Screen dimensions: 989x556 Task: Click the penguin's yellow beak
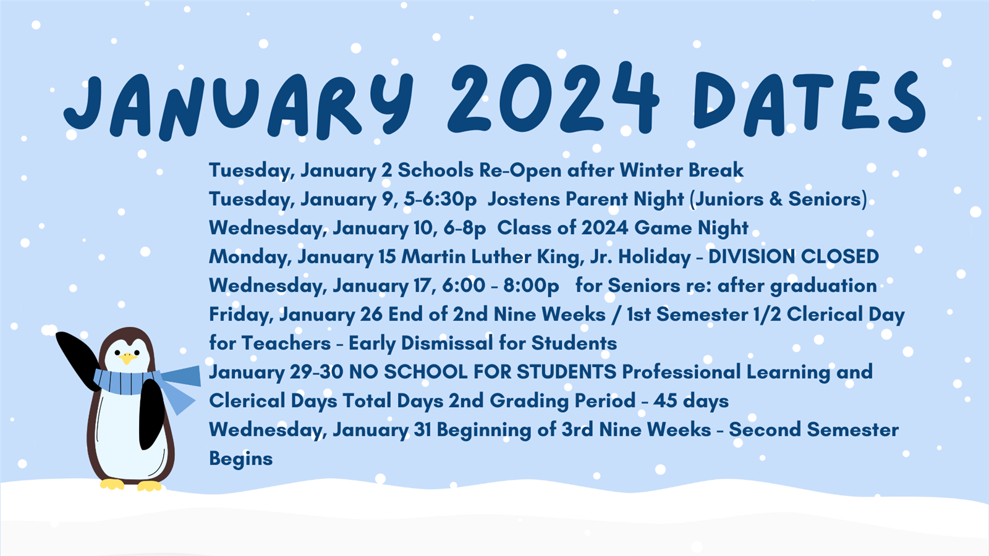point(127,358)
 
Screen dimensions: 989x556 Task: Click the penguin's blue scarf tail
point(179,389)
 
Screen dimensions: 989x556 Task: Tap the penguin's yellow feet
point(130,486)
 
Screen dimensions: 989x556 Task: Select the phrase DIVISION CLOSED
point(794,256)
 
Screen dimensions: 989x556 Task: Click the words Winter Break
point(681,171)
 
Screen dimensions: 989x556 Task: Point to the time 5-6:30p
point(440,200)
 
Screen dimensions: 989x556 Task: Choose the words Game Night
point(692,228)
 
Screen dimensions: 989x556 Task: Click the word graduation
point(823,286)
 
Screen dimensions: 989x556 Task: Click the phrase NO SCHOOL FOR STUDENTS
point(483,372)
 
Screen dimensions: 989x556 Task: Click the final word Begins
point(240,459)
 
